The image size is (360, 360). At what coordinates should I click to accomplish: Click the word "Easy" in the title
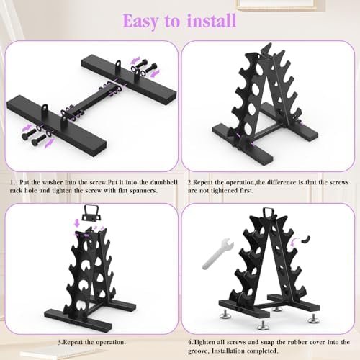[140, 22]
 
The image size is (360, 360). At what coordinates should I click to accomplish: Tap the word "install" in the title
[212, 20]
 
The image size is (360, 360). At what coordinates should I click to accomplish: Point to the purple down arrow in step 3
[77, 222]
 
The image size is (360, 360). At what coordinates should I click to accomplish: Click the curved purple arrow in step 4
[294, 242]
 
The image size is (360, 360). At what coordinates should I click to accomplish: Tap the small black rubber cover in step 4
[306, 239]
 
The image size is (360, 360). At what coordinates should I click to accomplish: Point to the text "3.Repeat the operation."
[91, 342]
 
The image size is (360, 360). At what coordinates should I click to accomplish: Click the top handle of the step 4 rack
[267, 212]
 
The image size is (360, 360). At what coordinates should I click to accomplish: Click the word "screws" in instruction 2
[339, 182]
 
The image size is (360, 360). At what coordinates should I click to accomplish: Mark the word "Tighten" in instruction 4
[204, 342]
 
